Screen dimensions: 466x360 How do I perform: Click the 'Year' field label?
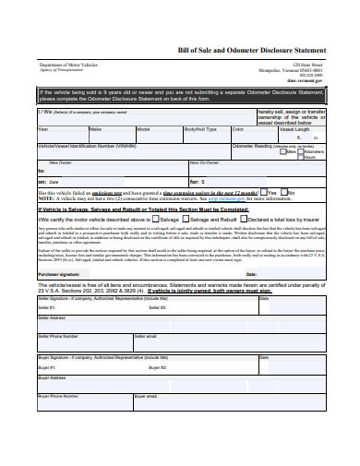(x=42, y=128)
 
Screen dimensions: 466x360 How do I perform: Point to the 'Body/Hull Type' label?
(x=199, y=128)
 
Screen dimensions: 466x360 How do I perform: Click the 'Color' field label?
(x=238, y=128)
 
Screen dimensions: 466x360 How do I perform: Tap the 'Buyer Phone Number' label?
(x=59, y=395)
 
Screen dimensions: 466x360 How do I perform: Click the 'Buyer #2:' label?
(x=183, y=366)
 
